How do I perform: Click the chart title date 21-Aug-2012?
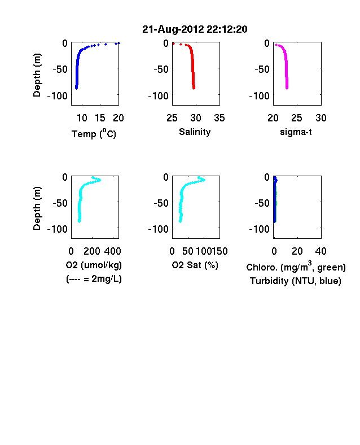173,29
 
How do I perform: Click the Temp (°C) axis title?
94,133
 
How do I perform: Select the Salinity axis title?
195,132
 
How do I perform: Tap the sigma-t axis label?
296,132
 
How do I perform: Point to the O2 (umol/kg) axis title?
94,265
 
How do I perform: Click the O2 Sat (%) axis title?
195,265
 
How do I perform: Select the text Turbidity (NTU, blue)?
295,281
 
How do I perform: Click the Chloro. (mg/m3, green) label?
296,267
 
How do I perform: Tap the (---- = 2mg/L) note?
94,280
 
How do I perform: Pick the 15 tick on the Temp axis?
100,118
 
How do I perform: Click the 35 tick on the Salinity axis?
219,118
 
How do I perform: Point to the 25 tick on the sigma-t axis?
297,118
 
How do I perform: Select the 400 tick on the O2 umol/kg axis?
112,251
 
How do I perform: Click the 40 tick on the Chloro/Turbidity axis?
321,251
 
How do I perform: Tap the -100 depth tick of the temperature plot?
58,95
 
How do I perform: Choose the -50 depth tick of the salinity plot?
161,69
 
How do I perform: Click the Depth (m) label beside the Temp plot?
37,75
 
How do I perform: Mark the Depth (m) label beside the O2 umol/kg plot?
37,208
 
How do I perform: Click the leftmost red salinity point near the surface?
173,43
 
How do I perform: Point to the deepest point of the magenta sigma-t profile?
287,88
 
